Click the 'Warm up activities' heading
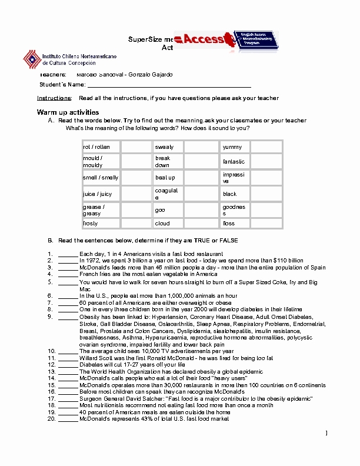pyautogui.click(x=68, y=112)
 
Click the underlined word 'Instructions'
pyautogui.click(x=54, y=98)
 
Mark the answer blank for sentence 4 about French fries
pyautogui.click(x=68, y=274)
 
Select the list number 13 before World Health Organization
pyautogui.click(x=51, y=371)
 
